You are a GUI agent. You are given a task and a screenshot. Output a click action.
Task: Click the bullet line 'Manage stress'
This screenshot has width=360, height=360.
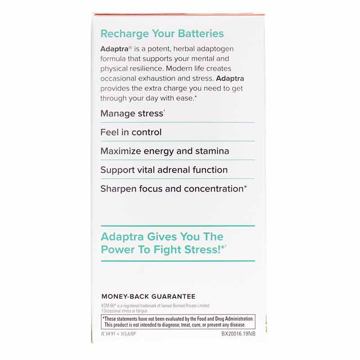[x=132, y=113]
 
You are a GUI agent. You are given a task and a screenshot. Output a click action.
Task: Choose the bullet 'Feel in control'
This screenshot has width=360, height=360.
[x=131, y=132]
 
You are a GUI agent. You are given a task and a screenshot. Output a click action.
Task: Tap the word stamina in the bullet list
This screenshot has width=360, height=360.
[x=211, y=151]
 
